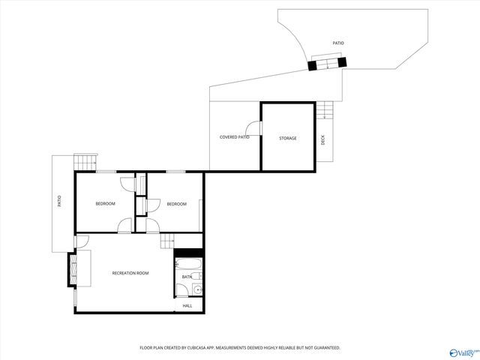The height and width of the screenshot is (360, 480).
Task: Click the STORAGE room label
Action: (x=288, y=138)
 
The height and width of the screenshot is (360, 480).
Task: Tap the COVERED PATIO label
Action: (x=234, y=137)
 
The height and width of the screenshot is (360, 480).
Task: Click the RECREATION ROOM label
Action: (x=130, y=273)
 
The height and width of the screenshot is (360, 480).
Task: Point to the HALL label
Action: (x=187, y=305)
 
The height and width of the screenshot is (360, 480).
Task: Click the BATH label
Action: (x=186, y=277)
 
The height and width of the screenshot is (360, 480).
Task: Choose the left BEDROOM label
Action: (x=105, y=204)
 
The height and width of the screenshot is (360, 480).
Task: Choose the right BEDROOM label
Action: (x=176, y=204)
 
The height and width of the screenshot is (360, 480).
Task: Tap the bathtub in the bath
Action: (x=189, y=264)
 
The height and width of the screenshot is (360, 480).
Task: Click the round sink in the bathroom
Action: (x=198, y=289)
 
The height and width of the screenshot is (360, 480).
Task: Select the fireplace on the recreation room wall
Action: (x=72, y=269)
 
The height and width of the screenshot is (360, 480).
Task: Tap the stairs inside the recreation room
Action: (x=166, y=241)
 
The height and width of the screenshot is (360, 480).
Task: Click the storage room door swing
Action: (x=255, y=128)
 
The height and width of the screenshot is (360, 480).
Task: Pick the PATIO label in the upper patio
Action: (x=339, y=43)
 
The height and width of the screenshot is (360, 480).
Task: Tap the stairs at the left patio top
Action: (x=85, y=161)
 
